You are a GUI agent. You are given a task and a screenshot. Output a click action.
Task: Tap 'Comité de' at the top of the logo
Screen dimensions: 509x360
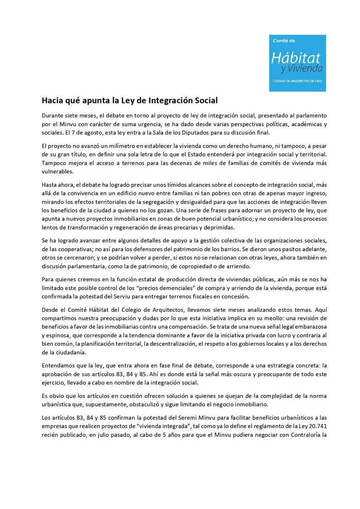(283, 41)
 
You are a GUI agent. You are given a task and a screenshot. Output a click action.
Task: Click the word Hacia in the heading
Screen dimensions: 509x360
(52, 101)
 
